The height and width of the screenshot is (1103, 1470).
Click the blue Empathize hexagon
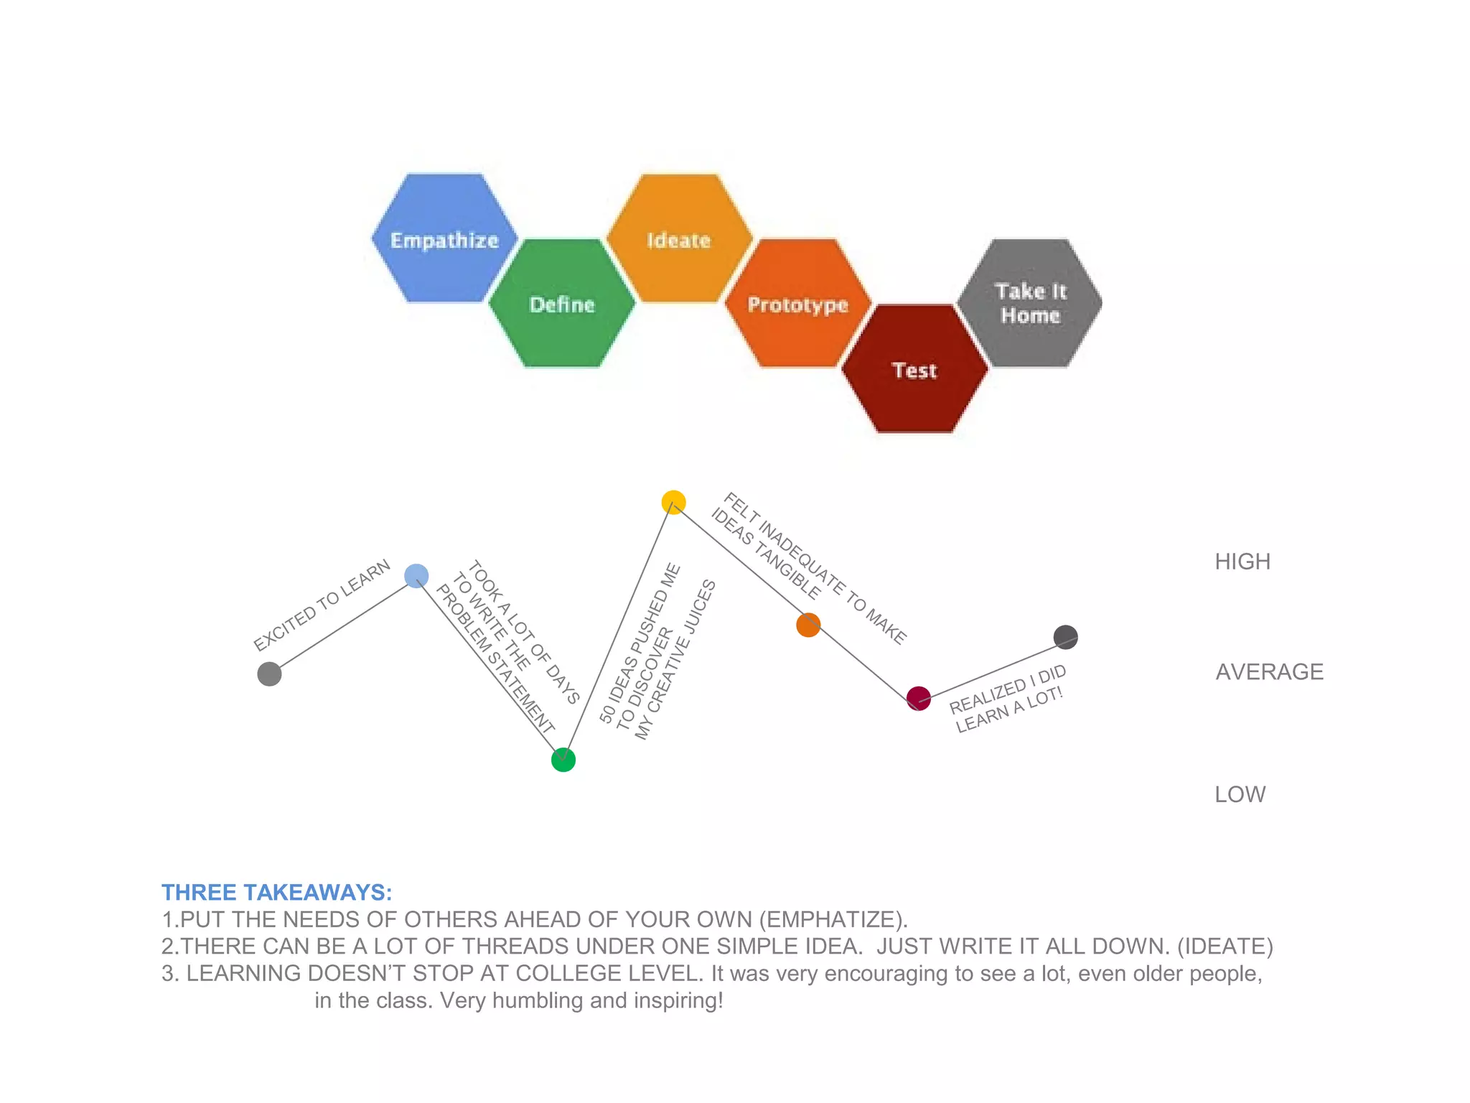pyautogui.click(x=444, y=238)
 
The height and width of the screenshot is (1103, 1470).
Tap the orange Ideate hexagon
pyautogui.click(x=679, y=238)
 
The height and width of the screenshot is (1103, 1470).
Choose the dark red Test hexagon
pyautogui.click(x=914, y=369)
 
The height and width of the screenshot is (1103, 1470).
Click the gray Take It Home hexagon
pyautogui.click(x=1031, y=303)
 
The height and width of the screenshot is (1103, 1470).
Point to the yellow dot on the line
pyautogui.click(x=673, y=502)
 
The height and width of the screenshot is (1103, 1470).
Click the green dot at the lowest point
pyautogui.click(x=563, y=760)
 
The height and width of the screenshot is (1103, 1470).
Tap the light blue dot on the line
pyautogui.click(x=416, y=575)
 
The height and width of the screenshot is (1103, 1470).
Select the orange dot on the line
pyautogui.click(x=808, y=625)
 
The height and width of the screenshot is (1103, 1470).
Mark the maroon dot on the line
pyautogui.click(x=919, y=698)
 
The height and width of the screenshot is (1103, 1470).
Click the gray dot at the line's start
pyautogui.click(x=269, y=674)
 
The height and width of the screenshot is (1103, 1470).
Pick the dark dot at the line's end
pyautogui.click(x=1065, y=637)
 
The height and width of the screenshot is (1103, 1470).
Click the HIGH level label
pyautogui.click(x=1242, y=562)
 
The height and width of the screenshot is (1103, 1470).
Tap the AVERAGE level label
pyautogui.click(x=1269, y=672)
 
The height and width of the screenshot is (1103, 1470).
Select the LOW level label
pyautogui.click(x=1240, y=794)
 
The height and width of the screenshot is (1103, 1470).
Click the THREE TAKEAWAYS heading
pyautogui.click(x=277, y=893)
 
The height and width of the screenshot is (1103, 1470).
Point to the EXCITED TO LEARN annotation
pyautogui.click(x=322, y=605)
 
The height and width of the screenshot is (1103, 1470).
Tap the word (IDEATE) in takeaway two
pyautogui.click(x=1225, y=946)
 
